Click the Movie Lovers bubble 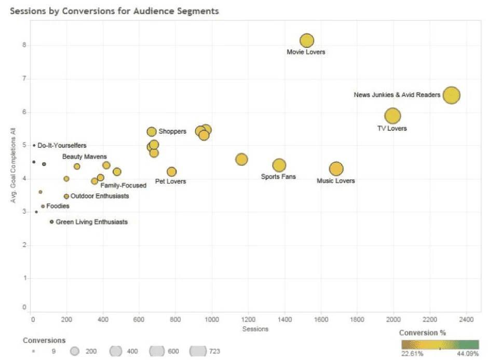(306, 40)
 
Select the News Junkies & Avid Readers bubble (451, 95)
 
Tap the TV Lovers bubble (392, 116)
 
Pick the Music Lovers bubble (336, 169)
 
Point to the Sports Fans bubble (279, 165)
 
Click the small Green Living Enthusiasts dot (52, 221)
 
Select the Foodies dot (43, 206)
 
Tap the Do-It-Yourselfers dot (34, 145)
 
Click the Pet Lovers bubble (171, 172)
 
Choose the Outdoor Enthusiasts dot (66, 197)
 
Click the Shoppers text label (172, 131)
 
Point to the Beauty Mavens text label (84, 156)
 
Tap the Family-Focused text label (123, 185)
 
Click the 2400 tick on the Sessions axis (466, 319)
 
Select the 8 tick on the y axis (24, 45)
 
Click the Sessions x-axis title (255, 329)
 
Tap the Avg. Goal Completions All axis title (13, 165)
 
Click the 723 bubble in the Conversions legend (198, 351)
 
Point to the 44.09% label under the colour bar (468, 353)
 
